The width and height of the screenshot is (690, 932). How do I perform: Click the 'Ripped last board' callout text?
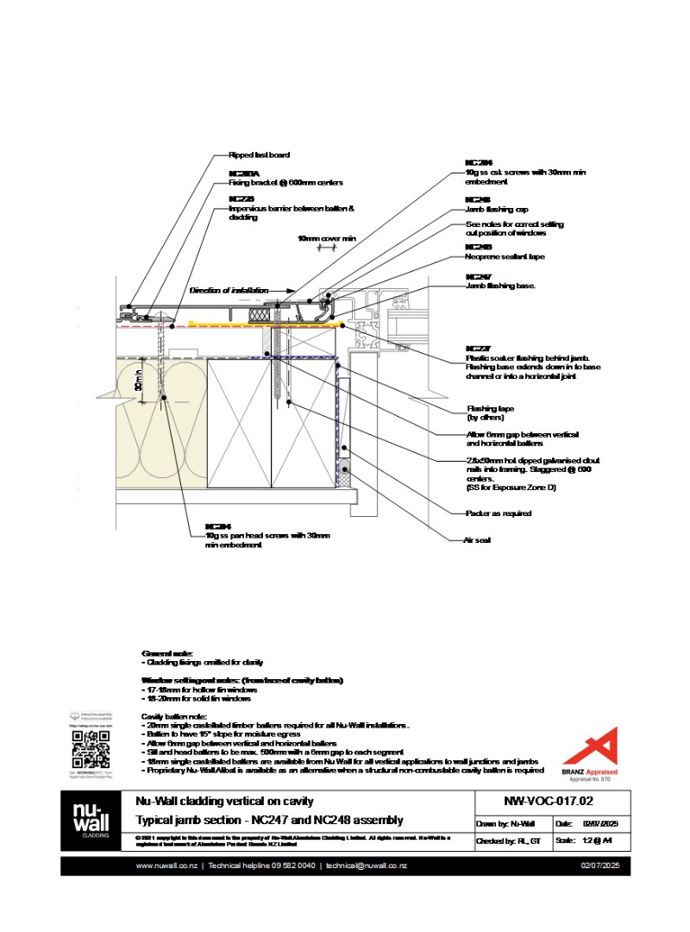click(259, 155)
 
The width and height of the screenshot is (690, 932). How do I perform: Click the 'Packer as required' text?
click(499, 513)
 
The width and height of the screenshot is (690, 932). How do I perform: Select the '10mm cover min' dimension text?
click(327, 238)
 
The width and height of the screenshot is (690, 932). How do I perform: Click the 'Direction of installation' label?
click(229, 291)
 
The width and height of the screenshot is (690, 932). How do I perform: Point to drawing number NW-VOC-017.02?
click(536, 801)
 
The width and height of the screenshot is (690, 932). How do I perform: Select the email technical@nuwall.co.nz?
click(367, 866)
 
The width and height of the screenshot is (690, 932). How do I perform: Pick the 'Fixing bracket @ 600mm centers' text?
click(285, 183)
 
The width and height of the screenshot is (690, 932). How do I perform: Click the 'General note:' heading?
click(167, 653)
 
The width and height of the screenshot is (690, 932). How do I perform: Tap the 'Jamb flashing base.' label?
click(500, 286)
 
